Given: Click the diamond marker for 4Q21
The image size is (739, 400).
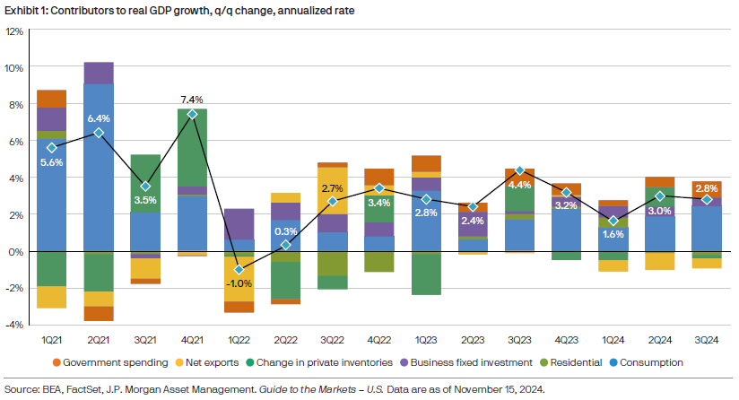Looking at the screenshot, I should [192, 114].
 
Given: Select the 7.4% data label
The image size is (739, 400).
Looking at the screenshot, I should [192, 100].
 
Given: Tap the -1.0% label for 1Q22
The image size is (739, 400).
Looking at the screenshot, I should [239, 283].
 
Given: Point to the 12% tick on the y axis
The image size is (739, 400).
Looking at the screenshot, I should [13, 30].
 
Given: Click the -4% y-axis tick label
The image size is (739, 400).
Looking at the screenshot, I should [13, 325].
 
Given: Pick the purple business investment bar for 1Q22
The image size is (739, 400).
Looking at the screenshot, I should [239, 223].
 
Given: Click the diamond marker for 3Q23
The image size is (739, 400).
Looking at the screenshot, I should [519, 170].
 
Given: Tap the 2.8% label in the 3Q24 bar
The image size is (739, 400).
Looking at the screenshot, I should [706, 187].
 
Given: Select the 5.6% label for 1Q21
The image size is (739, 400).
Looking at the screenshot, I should [52, 163].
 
